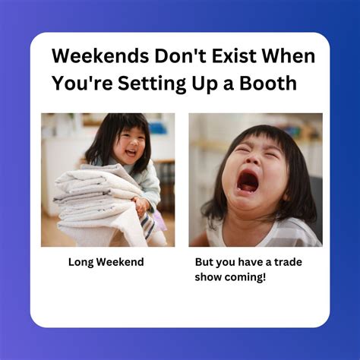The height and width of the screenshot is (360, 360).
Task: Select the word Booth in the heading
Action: tap(270, 84)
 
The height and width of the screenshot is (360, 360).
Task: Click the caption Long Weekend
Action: tap(106, 262)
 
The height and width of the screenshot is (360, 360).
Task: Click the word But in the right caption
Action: tap(205, 262)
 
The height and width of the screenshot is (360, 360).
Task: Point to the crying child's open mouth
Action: tap(248, 182)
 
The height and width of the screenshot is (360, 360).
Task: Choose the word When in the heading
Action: tap(286, 57)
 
